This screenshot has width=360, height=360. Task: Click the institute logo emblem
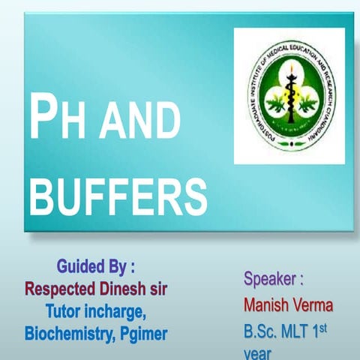289,95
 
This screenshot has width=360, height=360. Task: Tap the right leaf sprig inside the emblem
307,101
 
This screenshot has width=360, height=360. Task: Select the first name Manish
265,306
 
